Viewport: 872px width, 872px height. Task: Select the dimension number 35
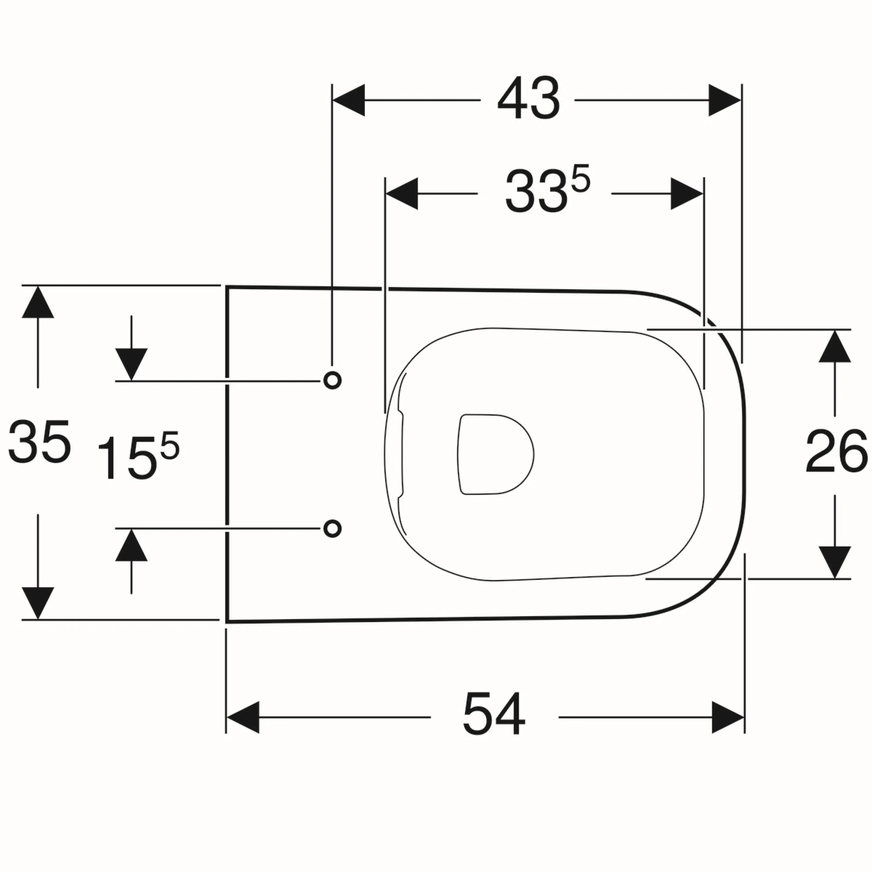[x=40, y=442]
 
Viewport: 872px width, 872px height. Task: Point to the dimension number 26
[x=836, y=451]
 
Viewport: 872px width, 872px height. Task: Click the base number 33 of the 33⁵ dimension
[x=536, y=191]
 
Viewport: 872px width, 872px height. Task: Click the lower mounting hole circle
[x=332, y=528]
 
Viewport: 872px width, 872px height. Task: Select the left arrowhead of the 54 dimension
[x=243, y=717]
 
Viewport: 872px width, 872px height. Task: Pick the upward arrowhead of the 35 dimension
[x=38, y=301]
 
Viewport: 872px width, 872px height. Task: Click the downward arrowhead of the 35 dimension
[x=38, y=603]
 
